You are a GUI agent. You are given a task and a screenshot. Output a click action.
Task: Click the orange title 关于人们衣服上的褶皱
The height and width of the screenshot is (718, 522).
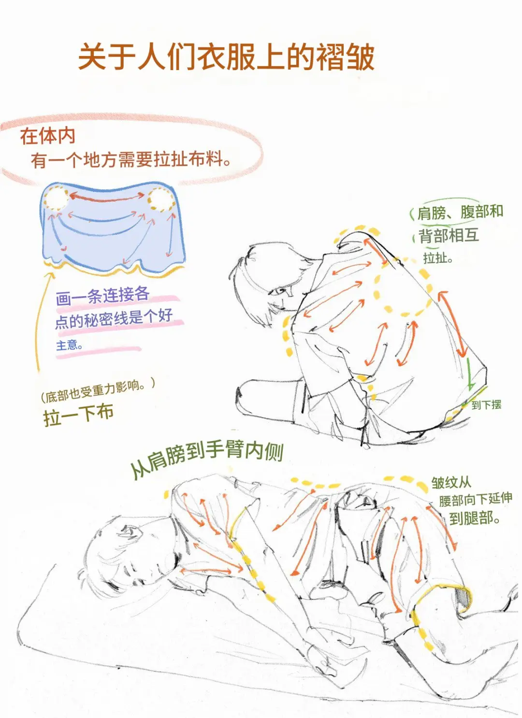pyautogui.click(x=226, y=57)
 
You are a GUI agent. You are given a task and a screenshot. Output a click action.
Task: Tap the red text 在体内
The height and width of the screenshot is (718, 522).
pyautogui.click(x=47, y=136)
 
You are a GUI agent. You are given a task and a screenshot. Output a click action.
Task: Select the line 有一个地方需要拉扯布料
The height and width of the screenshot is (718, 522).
pyautogui.click(x=130, y=159)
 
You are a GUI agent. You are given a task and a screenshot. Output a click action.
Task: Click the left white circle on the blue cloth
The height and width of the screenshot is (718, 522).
pyautogui.click(x=56, y=198)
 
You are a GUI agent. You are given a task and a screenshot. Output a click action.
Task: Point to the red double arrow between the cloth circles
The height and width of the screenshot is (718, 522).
pyautogui.click(x=107, y=196)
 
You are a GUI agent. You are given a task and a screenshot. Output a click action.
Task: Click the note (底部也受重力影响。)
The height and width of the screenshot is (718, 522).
pyautogui.click(x=98, y=390)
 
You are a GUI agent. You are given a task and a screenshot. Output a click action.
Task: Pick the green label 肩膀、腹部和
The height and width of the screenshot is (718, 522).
pyautogui.click(x=460, y=212)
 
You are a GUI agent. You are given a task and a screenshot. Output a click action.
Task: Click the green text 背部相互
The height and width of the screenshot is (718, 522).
pyautogui.click(x=448, y=236)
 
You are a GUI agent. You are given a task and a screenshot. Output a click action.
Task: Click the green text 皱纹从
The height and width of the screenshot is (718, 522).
pyautogui.click(x=451, y=482)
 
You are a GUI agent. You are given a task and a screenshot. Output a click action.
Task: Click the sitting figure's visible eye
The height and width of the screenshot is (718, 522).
pyautogui.click(x=278, y=291)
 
